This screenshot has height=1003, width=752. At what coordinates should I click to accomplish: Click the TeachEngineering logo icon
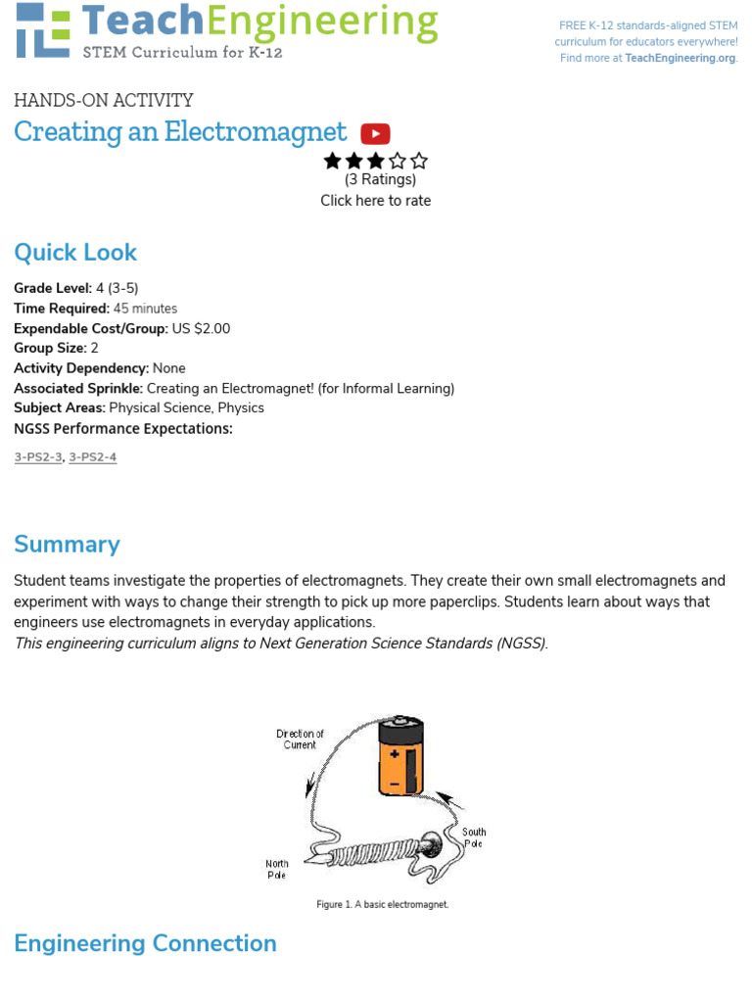[43, 29]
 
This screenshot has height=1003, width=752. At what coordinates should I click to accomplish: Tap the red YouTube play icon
[375, 134]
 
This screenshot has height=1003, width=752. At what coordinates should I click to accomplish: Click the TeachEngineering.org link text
[680, 58]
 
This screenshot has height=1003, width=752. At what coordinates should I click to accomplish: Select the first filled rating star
[333, 161]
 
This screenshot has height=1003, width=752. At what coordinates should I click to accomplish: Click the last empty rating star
[419, 161]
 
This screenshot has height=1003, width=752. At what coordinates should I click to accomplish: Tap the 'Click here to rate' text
[375, 201]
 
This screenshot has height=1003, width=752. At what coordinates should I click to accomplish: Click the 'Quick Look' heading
[75, 253]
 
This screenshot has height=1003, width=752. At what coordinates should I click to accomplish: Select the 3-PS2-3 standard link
[38, 457]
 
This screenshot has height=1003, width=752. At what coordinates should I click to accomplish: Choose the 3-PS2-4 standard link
[93, 457]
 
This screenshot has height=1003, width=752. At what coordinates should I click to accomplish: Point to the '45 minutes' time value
[145, 309]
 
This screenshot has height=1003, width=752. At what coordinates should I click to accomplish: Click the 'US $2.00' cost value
[201, 329]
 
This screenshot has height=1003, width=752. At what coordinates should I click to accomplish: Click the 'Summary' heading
[67, 545]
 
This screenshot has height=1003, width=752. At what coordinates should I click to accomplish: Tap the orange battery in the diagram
[401, 755]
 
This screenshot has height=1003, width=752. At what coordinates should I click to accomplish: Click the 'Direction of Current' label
[300, 740]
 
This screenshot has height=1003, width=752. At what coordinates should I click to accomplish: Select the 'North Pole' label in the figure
[277, 869]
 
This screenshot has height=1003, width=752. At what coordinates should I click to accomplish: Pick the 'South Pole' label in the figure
[474, 837]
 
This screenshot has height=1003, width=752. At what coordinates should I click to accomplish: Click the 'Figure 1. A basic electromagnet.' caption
[382, 905]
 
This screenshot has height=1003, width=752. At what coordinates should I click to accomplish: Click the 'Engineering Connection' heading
[145, 943]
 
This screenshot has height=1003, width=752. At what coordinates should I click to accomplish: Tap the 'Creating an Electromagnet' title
[180, 132]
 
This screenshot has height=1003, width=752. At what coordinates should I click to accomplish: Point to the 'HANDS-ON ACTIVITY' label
[104, 100]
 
